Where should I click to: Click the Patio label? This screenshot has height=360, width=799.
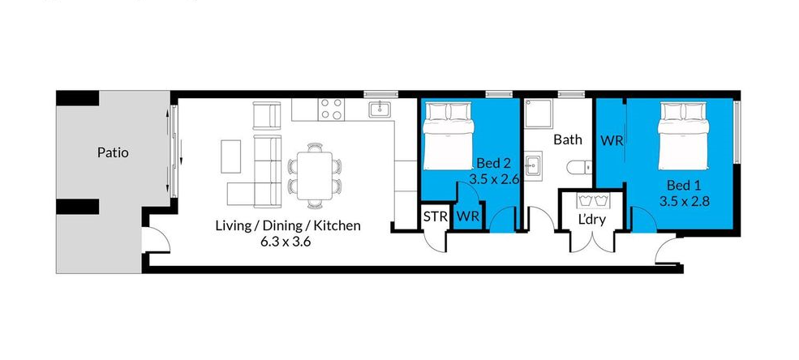tap(113, 152)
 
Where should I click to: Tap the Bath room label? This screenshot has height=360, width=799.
tap(568, 139)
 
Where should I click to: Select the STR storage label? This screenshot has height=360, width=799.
tap(436, 216)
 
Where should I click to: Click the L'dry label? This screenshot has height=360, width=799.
tap(591, 221)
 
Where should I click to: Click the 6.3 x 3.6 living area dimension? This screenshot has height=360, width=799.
tap(286, 242)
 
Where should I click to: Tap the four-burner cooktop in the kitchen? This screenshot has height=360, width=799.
tap(331, 109)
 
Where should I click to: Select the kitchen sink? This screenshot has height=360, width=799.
tap(380, 109)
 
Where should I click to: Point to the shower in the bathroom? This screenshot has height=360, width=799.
tap(539, 113)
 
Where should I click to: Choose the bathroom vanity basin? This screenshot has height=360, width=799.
tap(533, 165)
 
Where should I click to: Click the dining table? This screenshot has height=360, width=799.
tap(315, 176)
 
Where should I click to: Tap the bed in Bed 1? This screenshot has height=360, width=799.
tap(683, 136)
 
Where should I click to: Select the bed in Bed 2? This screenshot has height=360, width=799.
tap(449, 136)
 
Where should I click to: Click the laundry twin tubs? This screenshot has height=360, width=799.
tap(591, 200)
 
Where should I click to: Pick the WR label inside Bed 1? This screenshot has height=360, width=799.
tap(612, 140)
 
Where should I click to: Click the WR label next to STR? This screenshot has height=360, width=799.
tap(468, 216)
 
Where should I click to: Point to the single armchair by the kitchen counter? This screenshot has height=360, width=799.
tap(267, 116)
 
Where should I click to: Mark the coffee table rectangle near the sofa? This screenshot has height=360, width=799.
tap(231, 156)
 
